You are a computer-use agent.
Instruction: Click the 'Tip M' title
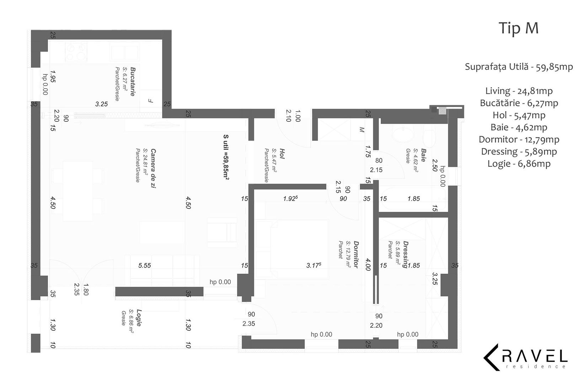tap(519, 28)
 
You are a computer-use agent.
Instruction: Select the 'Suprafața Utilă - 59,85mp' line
tap(519, 67)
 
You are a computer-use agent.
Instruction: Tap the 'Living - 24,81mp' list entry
tap(519, 91)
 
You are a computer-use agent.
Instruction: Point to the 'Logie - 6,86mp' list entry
tap(519, 164)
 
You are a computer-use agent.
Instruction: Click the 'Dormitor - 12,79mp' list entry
tap(519, 139)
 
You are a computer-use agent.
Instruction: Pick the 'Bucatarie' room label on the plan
tap(133, 81)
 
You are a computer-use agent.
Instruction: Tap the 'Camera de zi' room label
tap(153, 168)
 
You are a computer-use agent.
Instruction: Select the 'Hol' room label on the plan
tap(282, 154)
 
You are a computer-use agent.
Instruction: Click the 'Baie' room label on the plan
tap(423, 155)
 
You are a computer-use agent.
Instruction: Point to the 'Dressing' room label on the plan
tap(405, 254)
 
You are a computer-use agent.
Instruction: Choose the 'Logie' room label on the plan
tap(139, 318)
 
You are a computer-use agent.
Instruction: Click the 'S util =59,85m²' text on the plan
tap(226, 157)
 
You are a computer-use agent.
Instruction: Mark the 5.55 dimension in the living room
tap(144, 266)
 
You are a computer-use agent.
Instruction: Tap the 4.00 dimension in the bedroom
tap(368, 265)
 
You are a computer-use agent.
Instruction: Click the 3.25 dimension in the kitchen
tap(101, 104)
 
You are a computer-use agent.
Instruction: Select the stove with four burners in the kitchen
tap(76, 52)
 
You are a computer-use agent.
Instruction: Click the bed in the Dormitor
tap(292, 249)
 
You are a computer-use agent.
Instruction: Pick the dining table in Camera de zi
tap(78, 191)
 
